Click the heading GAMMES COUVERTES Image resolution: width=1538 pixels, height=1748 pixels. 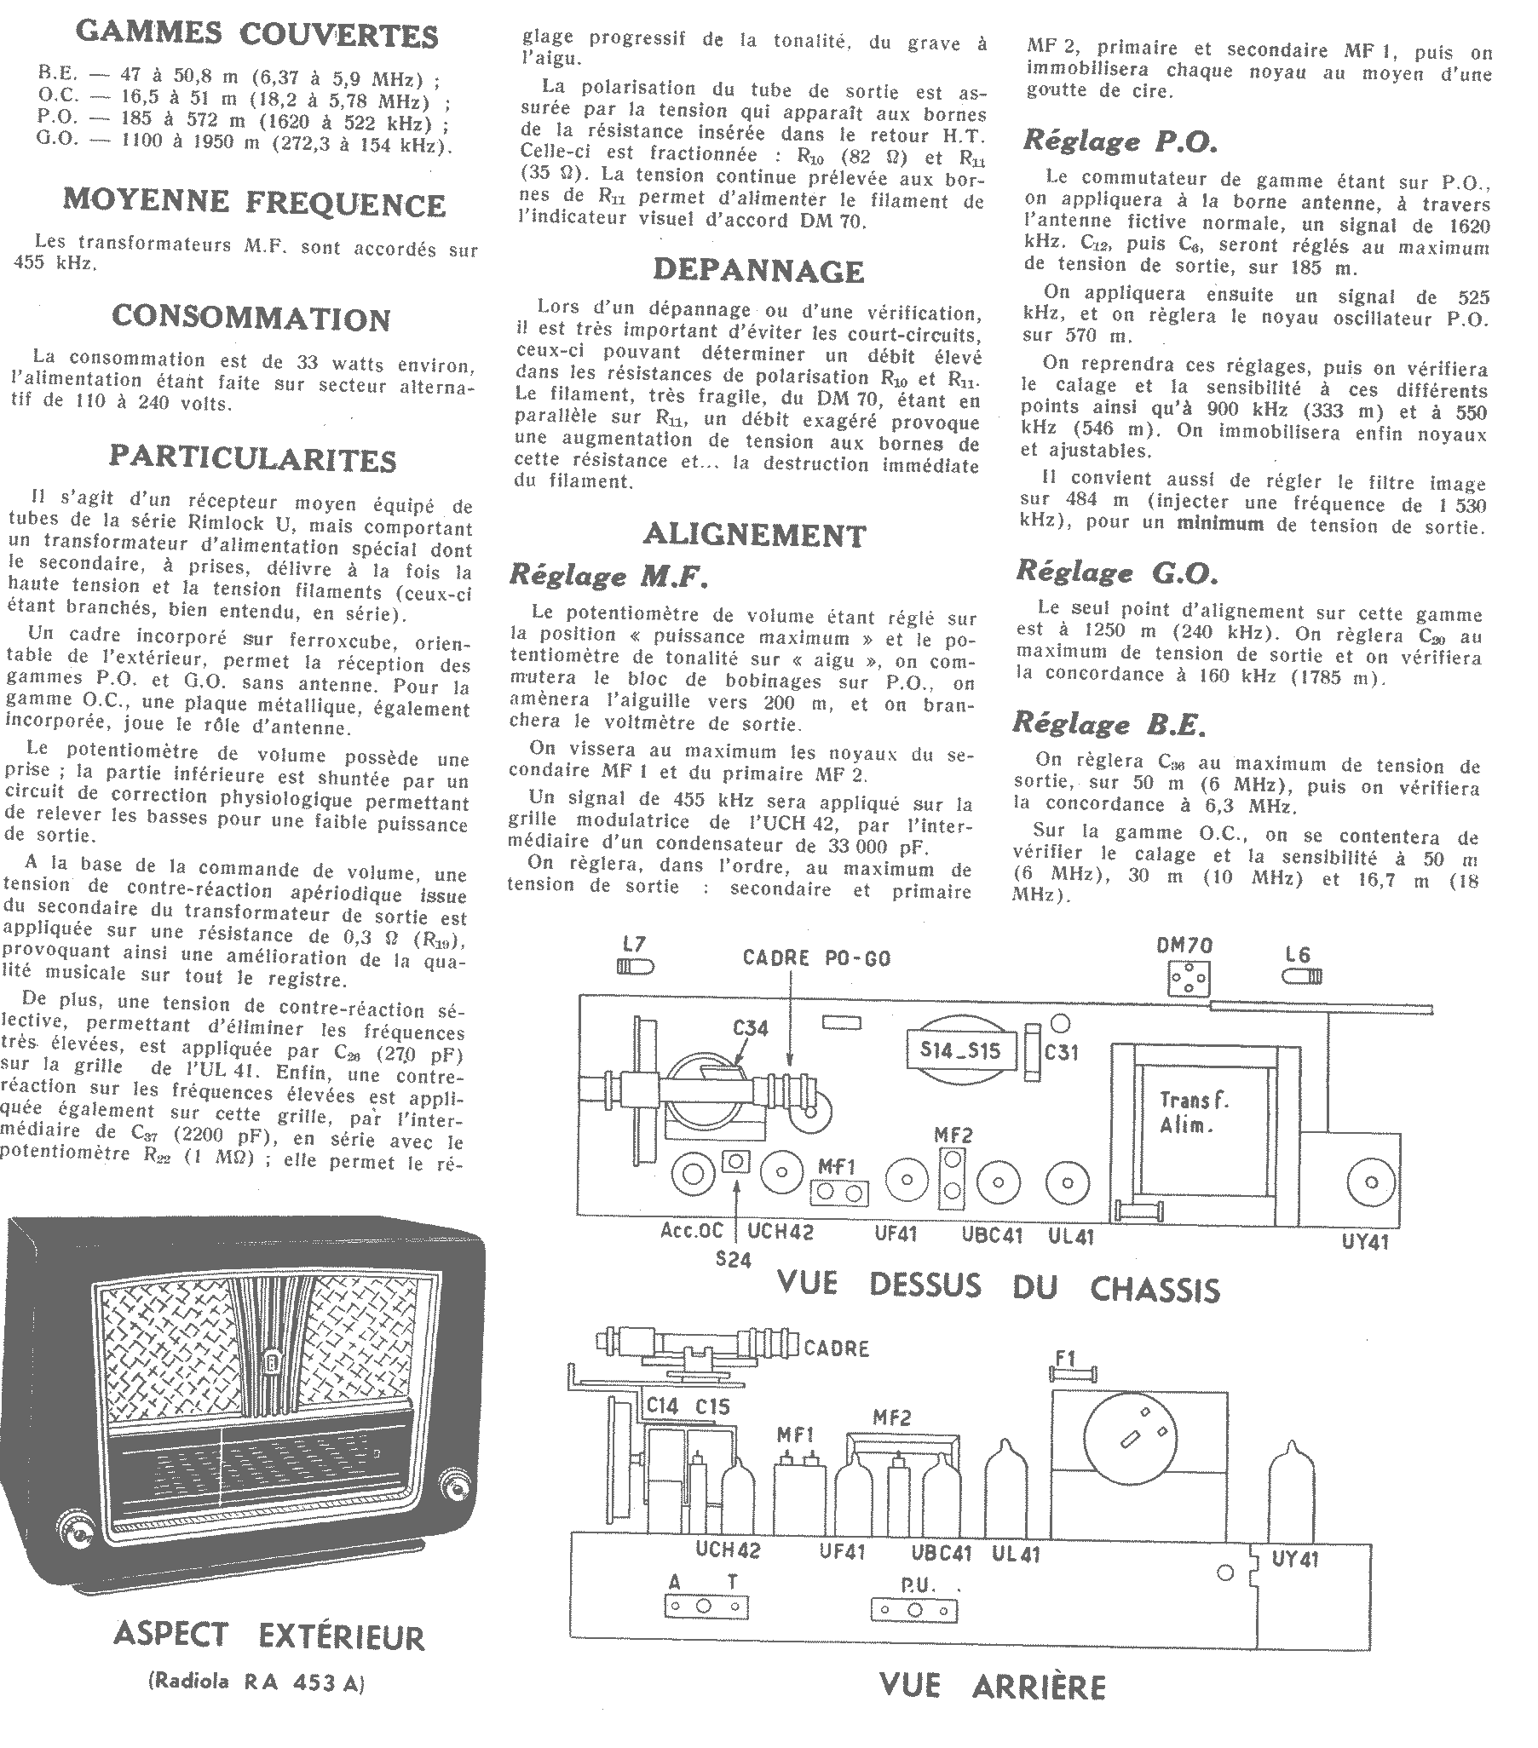pyautogui.click(x=256, y=34)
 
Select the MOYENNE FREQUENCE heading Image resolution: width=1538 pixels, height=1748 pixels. pyautogui.click(x=254, y=203)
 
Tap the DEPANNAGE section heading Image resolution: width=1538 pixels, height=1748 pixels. pyautogui.click(x=757, y=270)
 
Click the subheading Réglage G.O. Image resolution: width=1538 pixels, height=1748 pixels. pyautogui.click(x=1117, y=572)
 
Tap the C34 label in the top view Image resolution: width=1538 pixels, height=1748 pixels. pyautogui.click(x=750, y=1028)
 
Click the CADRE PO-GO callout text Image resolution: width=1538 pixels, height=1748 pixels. pyautogui.click(x=816, y=957)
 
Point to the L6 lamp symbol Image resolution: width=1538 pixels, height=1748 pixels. pyautogui.click(x=1302, y=976)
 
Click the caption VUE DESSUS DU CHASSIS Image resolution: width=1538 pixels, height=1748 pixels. pyautogui.click(x=999, y=1288)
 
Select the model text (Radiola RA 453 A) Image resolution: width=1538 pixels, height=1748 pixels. pyautogui.click(x=256, y=1683)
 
